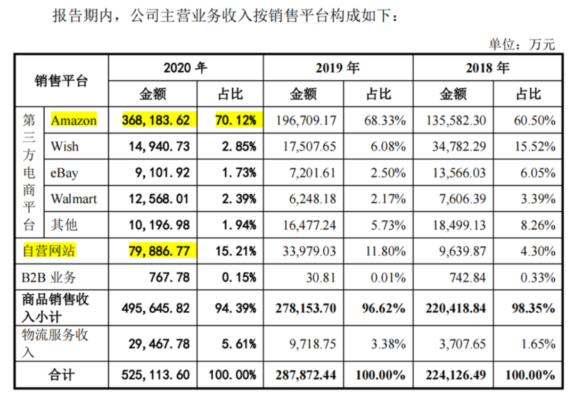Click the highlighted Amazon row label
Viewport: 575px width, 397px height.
pyautogui.click(x=73, y=120)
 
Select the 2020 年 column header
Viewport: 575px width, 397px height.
pyautogui.click(x=185, y=68)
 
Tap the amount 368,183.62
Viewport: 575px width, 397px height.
pyautogui.click(x=156, y=120)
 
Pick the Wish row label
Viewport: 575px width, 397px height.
pyautogui.click(x=64, y=146)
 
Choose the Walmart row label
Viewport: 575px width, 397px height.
pyautogui.click(x=74, y=198)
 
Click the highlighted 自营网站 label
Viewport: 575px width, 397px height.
pyautogui.click(x=49, y=251)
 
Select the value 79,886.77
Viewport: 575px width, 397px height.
pyautogui.click(x=159, y=251)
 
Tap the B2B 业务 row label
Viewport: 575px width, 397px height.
pyautogui.click(x=49, y=277)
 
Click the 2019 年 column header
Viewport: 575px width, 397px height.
pyautogui.click(x=338, y=68)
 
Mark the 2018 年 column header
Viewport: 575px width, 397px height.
pyautogui.click(x=487, y=68)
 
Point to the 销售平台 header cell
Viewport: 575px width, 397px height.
pyautogui.click(x=61, y=81)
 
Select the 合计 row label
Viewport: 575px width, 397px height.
pyautogui.click(x=61, y=375)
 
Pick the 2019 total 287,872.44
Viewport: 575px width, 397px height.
pyautogui.click(x=304, y=375)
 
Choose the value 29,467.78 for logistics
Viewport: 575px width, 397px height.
pyautogui.click(x=159, y=344)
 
